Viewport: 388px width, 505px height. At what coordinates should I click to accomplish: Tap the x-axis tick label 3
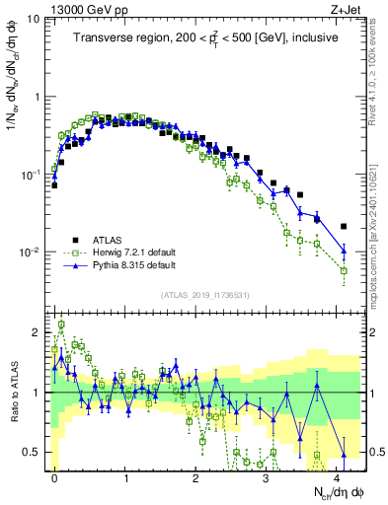[267, 475]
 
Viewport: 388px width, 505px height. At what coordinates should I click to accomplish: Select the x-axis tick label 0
[54, 475]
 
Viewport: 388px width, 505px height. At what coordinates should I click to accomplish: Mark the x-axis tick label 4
[337, 475]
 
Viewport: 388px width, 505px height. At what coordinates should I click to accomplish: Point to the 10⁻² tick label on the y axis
[32, 252]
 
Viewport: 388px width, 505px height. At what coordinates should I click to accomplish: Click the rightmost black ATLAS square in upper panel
[344, 226]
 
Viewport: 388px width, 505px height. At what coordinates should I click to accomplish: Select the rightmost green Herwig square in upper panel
[344, 270]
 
